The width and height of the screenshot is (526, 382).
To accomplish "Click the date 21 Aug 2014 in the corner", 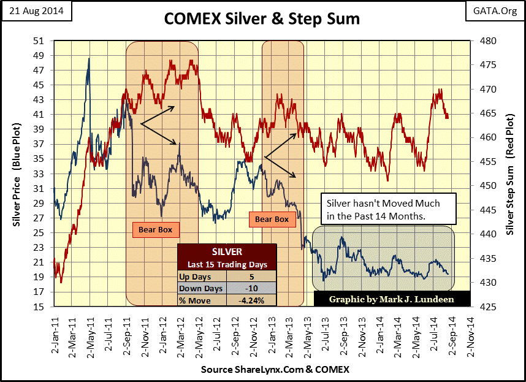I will tap(37, 11).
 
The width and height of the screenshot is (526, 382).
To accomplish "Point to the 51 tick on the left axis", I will tap(39, 41).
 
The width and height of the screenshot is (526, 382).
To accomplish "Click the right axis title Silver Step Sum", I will tap(511, 174).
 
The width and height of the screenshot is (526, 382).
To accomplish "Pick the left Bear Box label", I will tap(156, 230).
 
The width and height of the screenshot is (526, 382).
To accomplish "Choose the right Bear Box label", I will tap(272, 219).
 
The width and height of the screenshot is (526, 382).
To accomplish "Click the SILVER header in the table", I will tap(226, 251).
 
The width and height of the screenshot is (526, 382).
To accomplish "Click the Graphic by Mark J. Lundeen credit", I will tap(392, 299).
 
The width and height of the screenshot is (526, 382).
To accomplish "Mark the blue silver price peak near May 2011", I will tap(89, 59).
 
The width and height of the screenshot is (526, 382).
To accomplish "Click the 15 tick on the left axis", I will tap(39, 306).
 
